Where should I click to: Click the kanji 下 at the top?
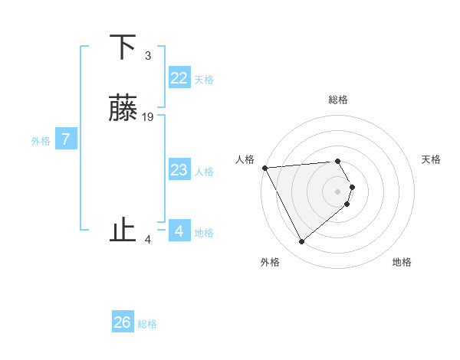[123, 48]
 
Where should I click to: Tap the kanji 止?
[123, 230]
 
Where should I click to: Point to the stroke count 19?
[148, 117]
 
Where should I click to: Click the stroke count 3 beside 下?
[148, 56]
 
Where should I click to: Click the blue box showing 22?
[179, 78]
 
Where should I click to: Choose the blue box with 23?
[179, 170]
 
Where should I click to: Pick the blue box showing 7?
[66, 139]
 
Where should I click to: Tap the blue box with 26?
[123, 322]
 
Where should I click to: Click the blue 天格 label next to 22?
[204, 80]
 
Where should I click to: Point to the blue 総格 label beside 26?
[147, 324]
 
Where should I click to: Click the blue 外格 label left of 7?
[41, 141]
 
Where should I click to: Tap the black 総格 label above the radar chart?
[338, 100]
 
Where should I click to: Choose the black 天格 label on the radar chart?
[431, 159]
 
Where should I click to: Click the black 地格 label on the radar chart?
[402, 262]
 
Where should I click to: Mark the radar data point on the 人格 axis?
[264, 168]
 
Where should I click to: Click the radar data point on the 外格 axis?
[301, 242]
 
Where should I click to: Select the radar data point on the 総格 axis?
[338, 161]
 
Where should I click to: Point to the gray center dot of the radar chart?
[338, 191]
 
